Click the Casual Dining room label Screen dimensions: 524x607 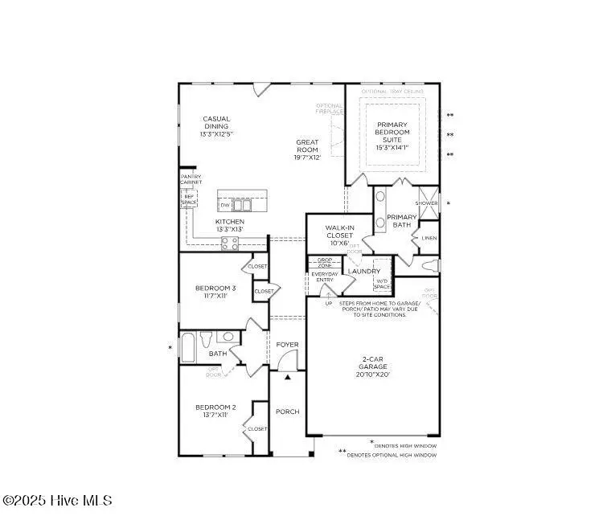216,126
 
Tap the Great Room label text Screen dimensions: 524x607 308,149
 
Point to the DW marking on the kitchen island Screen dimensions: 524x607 224,206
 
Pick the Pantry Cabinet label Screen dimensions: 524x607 191,179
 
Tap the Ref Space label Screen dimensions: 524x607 190,199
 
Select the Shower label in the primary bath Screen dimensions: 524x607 426,203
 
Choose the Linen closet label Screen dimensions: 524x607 429,238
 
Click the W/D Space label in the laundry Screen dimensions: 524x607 382,284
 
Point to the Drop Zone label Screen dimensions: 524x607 325,263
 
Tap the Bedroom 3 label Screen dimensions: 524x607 215,292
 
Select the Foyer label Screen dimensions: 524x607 288,345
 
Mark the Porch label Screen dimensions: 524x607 288,411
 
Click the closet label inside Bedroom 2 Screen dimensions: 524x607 257,429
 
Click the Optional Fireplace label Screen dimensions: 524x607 330,108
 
